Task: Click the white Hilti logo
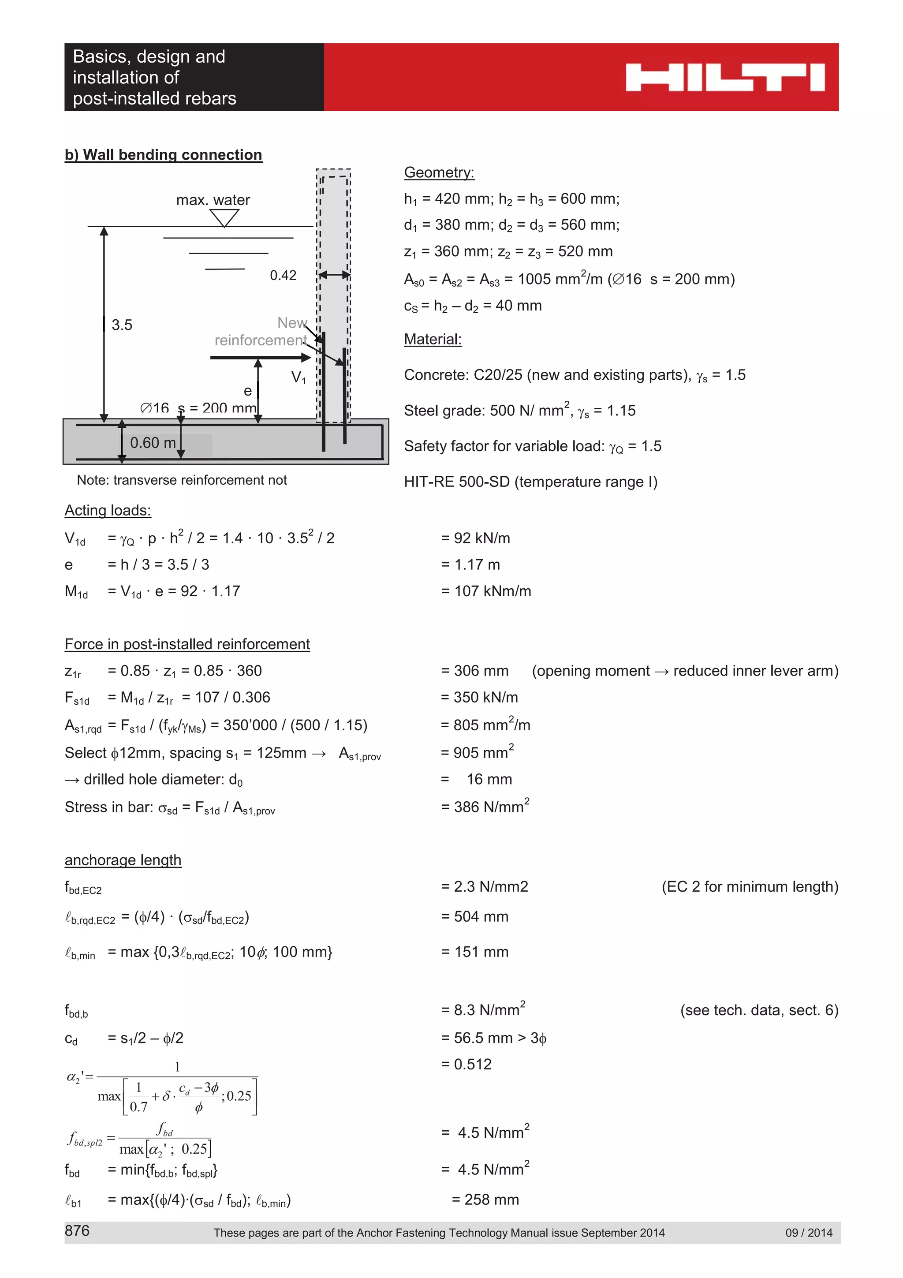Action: coord(724,77)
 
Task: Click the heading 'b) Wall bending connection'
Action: coord(163,155)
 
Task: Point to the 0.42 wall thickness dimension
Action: coord(283,275)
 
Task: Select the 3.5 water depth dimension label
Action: coord(122,325)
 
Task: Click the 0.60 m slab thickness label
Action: coord(153,443)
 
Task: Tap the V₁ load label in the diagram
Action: coord(299,377)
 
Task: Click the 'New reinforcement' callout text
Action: coord(261,331)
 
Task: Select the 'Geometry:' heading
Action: coord(439,172)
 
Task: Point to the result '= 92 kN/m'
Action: coord(475,538)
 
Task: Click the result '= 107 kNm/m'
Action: coord(486,591)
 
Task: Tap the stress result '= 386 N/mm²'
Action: coord(485,807)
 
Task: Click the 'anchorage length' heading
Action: coord(123,860)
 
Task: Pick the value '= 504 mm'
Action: coord(474,916)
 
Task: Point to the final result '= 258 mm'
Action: coord(485,1200)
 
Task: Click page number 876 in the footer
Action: coord(77,1231)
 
